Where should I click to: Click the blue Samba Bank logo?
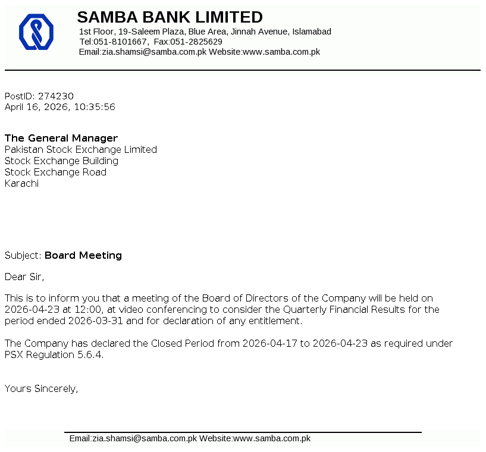(36, 32)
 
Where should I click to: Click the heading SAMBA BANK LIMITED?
(170, 17)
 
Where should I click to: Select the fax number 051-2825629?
(196, 42)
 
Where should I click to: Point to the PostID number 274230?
(56, 96)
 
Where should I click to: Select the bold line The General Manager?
(61, 138)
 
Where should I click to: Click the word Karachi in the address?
(21, 183)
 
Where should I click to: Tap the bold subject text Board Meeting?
(83, 255)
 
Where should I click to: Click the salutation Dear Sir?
(24, 276)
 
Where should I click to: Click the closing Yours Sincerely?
(41, 388)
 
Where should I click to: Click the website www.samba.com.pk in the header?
(281, 52)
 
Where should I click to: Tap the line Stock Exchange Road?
(55, 172)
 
